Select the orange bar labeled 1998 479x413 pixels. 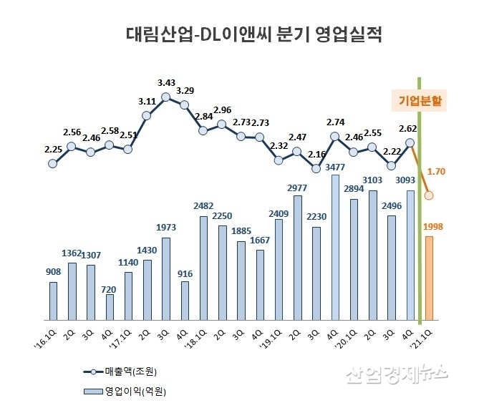click(x=429, y=278)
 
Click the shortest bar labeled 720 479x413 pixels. click(x=109, y=307)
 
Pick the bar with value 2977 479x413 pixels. click(x=297, y=257)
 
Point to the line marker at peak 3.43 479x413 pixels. click(x=165, y=97)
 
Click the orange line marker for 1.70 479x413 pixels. click(x=429, y=195)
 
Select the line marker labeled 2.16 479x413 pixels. click(x=316, y=168)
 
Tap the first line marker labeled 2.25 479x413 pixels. click(x=52, y=163)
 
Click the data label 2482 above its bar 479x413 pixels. click(x=203, y=207)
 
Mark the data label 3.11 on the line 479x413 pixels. click(x=147, y=102)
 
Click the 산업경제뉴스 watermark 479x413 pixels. click(x=397, y=373)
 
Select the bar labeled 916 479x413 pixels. click(x=184, y=301)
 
